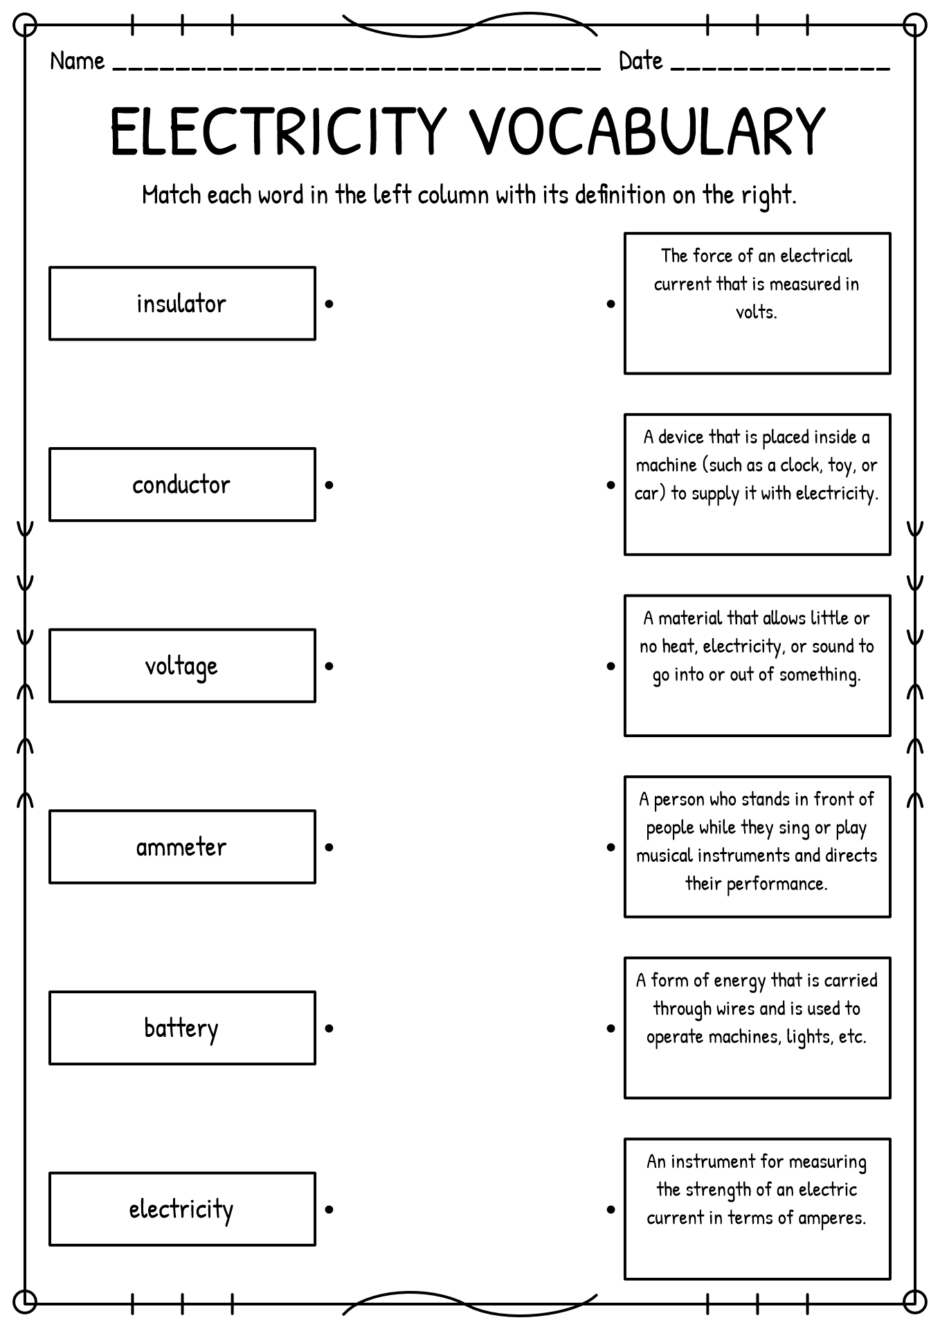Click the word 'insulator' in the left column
coord(181,304)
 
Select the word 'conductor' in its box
coord(181,485)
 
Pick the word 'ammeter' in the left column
coord(181,847)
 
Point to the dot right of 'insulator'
coord(329,304)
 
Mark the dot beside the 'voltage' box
coord(329,667)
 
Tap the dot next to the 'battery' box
coord(329,1029)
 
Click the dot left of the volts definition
coord(611,304)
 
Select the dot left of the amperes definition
coord(611,1210)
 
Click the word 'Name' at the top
coord(78,62)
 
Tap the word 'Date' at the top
coord(641,62)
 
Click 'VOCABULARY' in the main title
coord(647,131)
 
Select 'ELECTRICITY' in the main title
coord(277,131)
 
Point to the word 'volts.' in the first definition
coord(757,312)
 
